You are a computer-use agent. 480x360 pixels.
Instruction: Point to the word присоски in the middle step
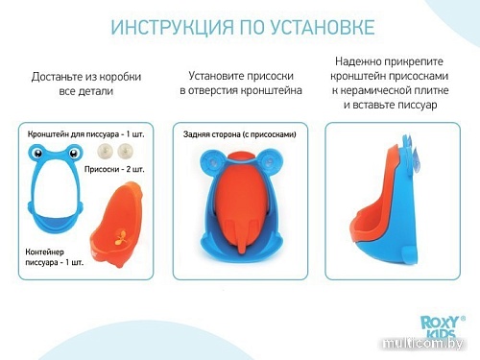[274, 75]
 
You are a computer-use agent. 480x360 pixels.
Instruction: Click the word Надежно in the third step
[361, 60]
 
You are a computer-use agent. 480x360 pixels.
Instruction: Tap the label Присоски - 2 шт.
[121, 169]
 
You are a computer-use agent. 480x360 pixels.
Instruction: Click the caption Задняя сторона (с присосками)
[239, 135]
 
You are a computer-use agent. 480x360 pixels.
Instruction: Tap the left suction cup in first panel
[104, 151]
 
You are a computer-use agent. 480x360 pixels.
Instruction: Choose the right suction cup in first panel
[125, 151]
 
